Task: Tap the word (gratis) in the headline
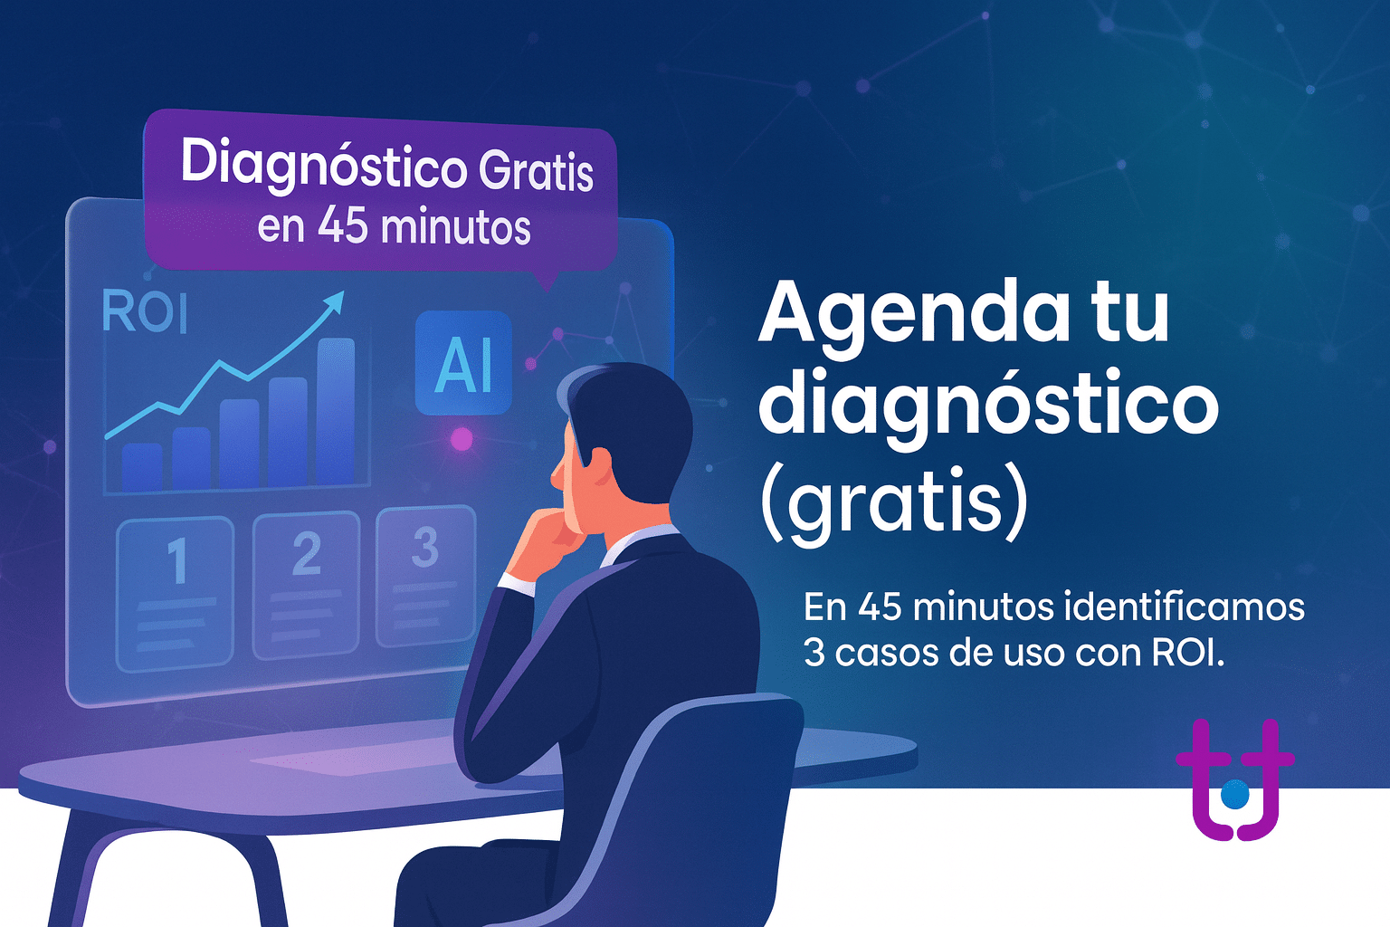click(894, 502)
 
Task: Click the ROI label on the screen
click(145, 311)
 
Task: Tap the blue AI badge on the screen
click(463, 363)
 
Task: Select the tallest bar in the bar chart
click(336, 412)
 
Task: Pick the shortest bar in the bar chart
click(142, 467)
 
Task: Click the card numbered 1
click(176, 594)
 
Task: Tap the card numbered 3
click(425, 577)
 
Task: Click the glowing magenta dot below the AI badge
click(461, 440)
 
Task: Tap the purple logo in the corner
click(1235, 779)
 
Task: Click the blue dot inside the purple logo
click(1234, 794)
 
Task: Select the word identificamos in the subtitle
click(1184, 607)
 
